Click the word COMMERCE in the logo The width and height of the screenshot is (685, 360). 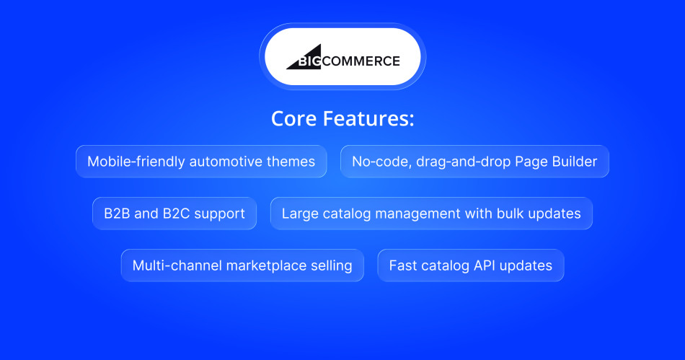(x=361, y=61)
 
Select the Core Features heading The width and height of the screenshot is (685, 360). (x=342, y=119)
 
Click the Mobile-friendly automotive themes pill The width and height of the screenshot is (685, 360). (x=201, y=162)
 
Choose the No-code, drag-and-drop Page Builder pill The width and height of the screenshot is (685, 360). (x=474, y=162)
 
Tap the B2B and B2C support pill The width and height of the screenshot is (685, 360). (x=174, y=214)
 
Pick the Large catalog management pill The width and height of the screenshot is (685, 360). (x=431, y=214)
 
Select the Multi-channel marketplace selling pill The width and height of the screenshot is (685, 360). (x=242, y=265)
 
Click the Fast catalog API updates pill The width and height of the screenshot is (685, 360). (x=470, y=265)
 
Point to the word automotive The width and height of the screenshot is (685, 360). (x=223, y=162)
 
